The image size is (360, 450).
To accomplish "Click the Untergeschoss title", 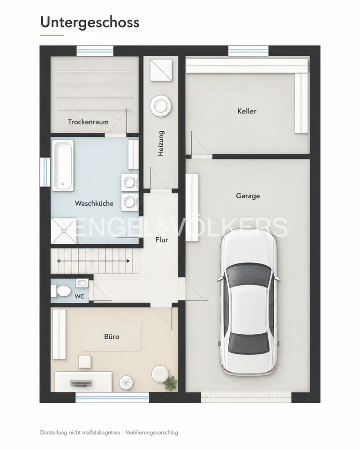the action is (90, 22).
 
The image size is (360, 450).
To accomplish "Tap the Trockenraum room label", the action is (89, 122).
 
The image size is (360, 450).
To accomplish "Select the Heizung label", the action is (161, 143).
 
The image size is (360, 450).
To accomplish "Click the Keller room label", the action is (247, 111).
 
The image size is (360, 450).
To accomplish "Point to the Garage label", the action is (248, 196).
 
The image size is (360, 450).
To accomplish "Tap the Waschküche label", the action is (94, 203).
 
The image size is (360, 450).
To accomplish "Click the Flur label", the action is (162, 240).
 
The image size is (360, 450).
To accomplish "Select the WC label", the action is (80, 296).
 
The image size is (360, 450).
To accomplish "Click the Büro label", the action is (112, 337).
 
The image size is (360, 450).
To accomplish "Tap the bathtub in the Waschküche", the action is (63, 165).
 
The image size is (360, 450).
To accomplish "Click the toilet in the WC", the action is (61, 291).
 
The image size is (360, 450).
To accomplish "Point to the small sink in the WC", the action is (82, 283).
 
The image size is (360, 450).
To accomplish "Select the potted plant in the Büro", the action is (170, 383).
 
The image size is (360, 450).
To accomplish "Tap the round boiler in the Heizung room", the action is (161, 105).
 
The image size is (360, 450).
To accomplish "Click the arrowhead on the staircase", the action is (128, 261).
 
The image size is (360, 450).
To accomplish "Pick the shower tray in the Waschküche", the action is (64, 231).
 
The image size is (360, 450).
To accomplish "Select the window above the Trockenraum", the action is (95, 51).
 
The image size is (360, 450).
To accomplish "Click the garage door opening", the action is (246, 397).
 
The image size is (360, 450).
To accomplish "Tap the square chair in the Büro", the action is (85, 361).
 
